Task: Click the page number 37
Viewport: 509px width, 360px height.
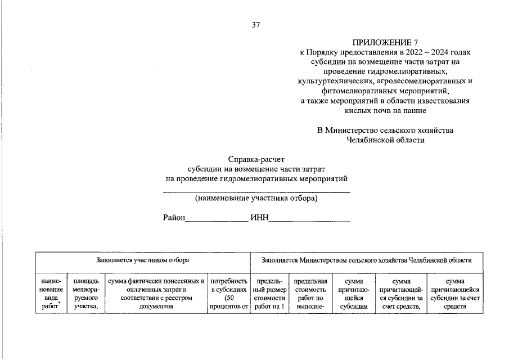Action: pyautogui.click(x=256, y=24)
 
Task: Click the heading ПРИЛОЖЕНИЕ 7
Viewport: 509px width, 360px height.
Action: pyautogui.click(x=385, y=42)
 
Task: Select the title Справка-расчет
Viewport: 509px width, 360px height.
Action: pyautogui.click(x=256, y=159)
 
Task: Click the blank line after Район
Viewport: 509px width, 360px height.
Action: pyautogui.click(x=217, y=220)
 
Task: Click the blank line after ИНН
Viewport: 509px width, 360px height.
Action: pyautogui.click(x=309, y=220)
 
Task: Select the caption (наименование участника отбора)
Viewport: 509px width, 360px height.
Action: pyautogui.click(x=256, y=198)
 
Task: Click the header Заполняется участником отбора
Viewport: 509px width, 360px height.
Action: pyautogui.click(x=142, y=260)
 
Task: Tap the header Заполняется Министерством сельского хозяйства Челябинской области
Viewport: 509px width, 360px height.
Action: pyautogui.click(x=366, y=260)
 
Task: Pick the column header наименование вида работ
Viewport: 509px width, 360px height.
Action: pyautogui.click(x=51, y=294)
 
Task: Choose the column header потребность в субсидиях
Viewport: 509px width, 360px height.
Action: pyautogui.click(x=229, y=294)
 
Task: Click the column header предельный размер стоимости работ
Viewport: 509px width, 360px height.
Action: pyautogui.click(x=269, y=294)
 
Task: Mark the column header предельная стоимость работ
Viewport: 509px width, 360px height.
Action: pyautogui.click(x=310, y=294)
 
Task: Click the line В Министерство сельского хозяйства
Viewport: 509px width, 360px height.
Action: pyautogui.click(x=385, y=130)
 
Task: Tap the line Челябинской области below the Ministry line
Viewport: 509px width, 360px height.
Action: pyautogui.click(x=385, y=140)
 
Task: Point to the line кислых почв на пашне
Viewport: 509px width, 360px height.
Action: pyautogui.click(x=385, y=110)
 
